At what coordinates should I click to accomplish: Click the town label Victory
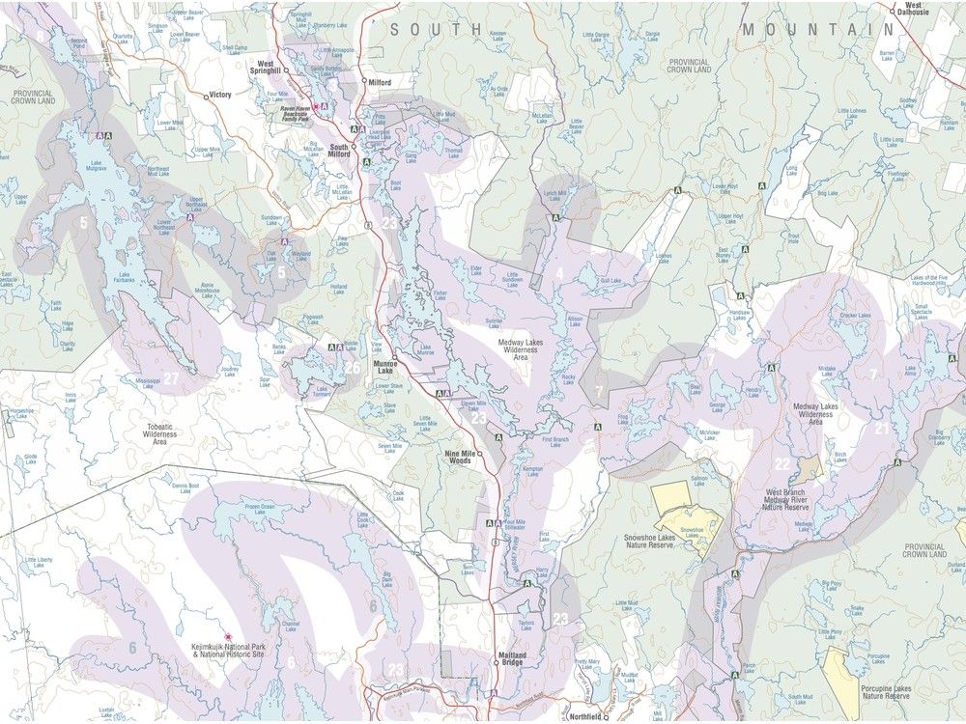pyautogui.click(x=221, y=96)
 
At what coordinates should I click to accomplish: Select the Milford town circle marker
pyautogui.click(x=364, y=82)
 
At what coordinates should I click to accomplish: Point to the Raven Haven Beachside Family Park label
pyautogui.click(x=289, y=111)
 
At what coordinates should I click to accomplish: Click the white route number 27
pyautogui.click(x=172, y=378)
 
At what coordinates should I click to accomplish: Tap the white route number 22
pyautogui.click(x=782, y=464)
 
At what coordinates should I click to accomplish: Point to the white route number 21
pyautogui.click(x=881, y=427)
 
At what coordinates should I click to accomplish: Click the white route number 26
pyautogui.click(x=354, y=367)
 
